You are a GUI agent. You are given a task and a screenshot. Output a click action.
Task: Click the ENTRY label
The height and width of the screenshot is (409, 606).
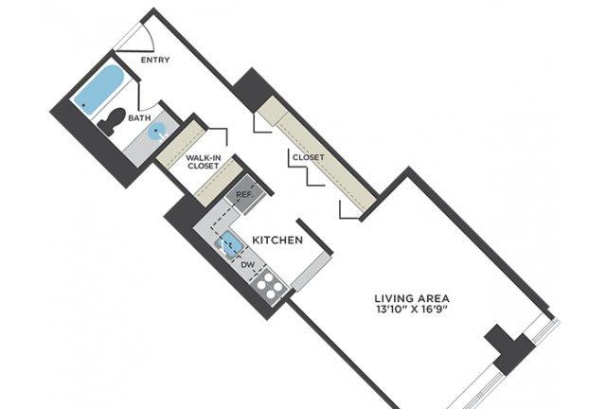pyautogui.click(x=155, y=60)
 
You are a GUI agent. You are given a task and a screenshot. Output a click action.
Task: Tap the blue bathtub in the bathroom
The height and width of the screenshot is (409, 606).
pyautogui.click(x=98, y=89)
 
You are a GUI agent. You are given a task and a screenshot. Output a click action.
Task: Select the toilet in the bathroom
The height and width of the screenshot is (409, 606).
pyautogui.click(x=112, y=121)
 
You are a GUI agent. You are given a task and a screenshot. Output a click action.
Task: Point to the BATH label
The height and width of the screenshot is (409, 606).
pyautogui.click(x=139, y=118)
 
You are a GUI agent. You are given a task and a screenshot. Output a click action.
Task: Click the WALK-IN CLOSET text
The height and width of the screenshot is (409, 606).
pyautogui.click(x=203, y=162)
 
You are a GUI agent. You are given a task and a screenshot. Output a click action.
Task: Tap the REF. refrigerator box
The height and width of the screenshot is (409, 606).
pyautogui.click(x=245, y=195)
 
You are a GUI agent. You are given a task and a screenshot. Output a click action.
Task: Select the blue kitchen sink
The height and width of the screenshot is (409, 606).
pyautogui.click(x=229, y=244)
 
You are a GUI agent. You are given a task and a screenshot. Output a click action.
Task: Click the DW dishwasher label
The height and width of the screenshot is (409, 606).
pyautogui.click(x=248, y=265)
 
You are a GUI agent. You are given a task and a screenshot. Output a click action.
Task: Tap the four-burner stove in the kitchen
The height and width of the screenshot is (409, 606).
pyautogui.click(x=269, y=286)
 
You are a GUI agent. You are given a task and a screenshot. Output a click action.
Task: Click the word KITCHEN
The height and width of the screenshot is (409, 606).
pyautogui.click(x=277, y=240)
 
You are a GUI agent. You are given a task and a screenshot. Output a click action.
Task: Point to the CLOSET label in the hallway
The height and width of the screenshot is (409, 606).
pyautogui.click(x=308, y=157)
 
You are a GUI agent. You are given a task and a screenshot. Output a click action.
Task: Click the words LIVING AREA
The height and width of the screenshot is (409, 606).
pyautogui.click(x=412, y=298)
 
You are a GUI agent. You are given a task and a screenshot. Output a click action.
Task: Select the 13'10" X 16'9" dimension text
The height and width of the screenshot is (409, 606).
pyautogui.click(x=412, y=310)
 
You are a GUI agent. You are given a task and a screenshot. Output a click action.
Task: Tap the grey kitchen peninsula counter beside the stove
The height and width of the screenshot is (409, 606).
pyautogui.click(x=311, y=272)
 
